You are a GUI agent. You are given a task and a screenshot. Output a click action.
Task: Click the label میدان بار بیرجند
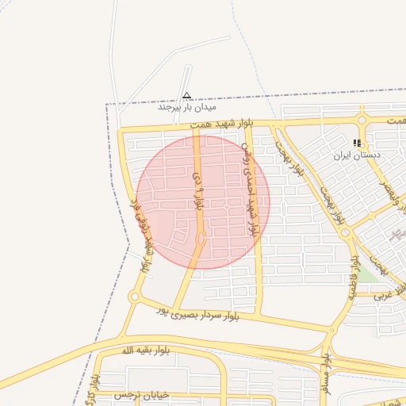pyautogui.click(x=187, y=106)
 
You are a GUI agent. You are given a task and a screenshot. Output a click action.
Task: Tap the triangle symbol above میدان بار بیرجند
pyautogui.click(x=187, y=95)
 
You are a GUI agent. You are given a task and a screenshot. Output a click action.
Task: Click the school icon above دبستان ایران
pyautogui.click(x=358, y=144)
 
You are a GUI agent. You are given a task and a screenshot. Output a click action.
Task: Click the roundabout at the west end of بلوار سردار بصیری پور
pyautogui.click(x=133, y=297)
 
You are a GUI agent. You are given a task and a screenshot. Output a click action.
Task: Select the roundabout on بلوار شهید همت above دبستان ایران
pyautogui.click(x=362, y=121)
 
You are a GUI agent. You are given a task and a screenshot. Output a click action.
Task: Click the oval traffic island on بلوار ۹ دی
pyautogui.click(x=201, y=237)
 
